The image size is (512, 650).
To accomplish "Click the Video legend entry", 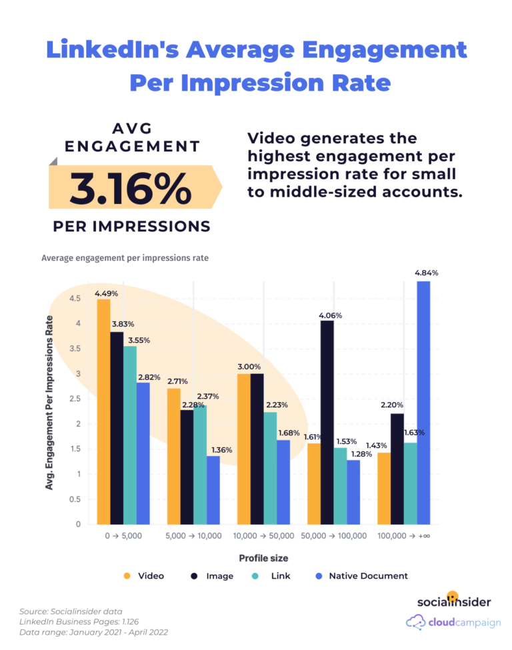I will [151, 575].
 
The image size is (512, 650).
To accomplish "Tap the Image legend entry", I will [220, 575].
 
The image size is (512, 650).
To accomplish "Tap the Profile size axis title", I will [263, 558].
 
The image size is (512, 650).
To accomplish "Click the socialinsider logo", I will [453, 601].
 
